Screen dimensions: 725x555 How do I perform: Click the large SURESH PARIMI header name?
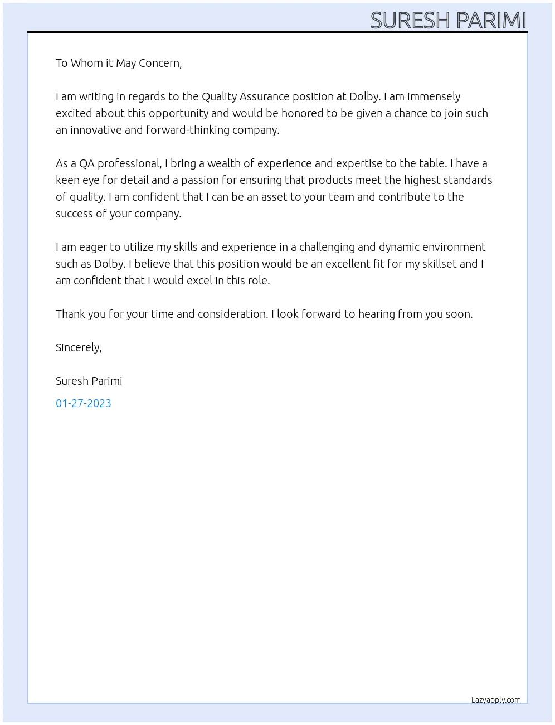coord(448,20)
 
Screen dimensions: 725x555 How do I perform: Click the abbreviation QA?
coord(87,163)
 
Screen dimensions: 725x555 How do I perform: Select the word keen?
coord(67,180)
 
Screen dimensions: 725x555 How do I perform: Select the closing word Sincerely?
coord(78,347)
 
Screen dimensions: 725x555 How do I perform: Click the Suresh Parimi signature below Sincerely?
coord(89,381)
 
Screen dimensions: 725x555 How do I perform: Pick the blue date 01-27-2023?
coord(84,403)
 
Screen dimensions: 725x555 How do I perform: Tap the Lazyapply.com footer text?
coord(496,700)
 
